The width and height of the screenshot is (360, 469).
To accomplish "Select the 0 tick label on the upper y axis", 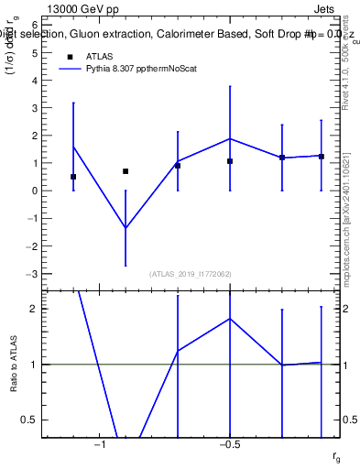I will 34,191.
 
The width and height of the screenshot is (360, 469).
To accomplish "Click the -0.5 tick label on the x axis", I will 229,445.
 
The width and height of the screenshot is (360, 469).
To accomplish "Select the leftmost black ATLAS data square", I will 73,177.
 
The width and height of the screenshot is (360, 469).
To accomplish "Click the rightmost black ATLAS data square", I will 322,157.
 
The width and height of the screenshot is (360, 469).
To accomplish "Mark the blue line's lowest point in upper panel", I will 125,228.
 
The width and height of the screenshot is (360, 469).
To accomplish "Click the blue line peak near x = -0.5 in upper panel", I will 230,138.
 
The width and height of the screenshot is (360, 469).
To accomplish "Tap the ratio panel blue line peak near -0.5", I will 230,319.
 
